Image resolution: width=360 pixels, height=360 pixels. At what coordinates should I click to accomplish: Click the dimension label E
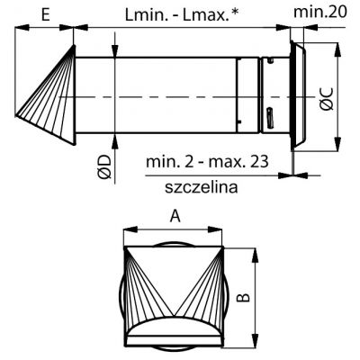(x=45, y=14)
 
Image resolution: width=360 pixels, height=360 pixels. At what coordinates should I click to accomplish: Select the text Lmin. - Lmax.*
(x=182, y=14)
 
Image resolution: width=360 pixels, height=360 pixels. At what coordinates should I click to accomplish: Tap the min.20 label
(x=320, y=12)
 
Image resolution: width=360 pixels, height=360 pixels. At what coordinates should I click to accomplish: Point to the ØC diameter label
(x=327, y=98)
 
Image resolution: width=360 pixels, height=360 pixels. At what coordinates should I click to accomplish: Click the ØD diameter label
(x=104, y=166)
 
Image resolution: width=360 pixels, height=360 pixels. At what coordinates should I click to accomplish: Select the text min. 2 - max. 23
(x=207, y=162)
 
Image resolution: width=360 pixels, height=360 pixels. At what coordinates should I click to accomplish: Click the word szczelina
(x=202, y=187)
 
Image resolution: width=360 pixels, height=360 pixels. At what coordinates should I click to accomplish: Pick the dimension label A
(x=175, y=216)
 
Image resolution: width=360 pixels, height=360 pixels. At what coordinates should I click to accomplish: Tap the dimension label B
(x=243, y=297)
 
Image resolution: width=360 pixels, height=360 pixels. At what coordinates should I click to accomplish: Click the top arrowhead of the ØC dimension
(x=338, y=49)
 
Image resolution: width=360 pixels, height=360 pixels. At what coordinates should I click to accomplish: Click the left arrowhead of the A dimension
(x=130, y=229)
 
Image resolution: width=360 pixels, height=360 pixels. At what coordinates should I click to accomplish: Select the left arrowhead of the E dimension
(x=22, y=28)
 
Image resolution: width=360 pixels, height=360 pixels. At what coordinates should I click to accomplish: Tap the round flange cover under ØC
(x=298, y=95)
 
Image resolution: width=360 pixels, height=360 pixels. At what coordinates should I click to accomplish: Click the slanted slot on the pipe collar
(x=270, y=116)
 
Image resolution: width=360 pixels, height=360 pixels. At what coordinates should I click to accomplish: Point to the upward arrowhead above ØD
(x=115, y=140)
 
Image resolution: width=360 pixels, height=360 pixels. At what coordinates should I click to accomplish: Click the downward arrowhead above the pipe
(x=115, y=49)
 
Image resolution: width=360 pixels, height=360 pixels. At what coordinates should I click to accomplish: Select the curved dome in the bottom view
(x=174, y=326)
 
